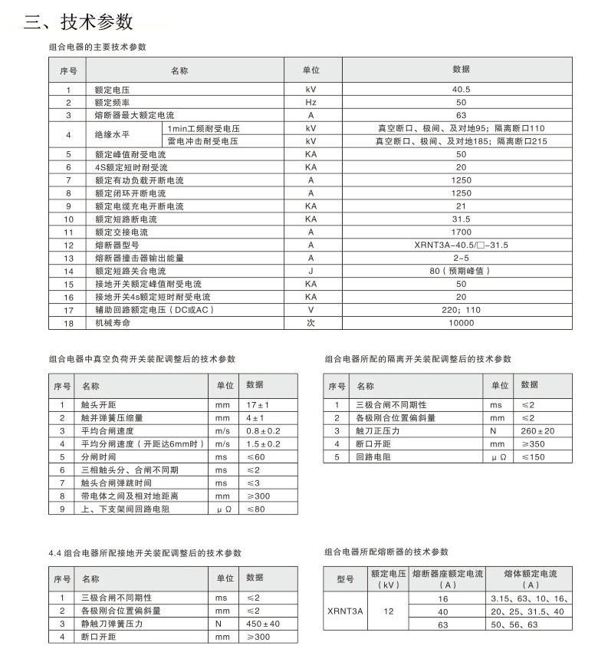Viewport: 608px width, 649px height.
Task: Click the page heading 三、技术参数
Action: [x=78, y=21]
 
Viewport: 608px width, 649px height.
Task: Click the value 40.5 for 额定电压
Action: [x=461, y=90]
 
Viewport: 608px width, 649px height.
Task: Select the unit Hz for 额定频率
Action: [x=311, y=102]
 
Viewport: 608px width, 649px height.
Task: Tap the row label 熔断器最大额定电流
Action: [x=129, y=115]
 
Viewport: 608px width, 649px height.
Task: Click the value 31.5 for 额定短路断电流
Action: [x=461, y=219]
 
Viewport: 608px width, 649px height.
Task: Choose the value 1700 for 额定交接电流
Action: [x=461, y=232]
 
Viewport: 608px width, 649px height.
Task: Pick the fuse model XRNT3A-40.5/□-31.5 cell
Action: [x=461, y=245]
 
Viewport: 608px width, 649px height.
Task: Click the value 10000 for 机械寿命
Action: [x=461, y=323]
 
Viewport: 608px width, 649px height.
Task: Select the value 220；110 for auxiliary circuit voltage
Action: [x=461, y=310]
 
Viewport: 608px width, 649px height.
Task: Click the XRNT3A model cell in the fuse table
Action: [x=344, y=611]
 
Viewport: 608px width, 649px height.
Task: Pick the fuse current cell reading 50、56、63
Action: [x=514, y=624]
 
